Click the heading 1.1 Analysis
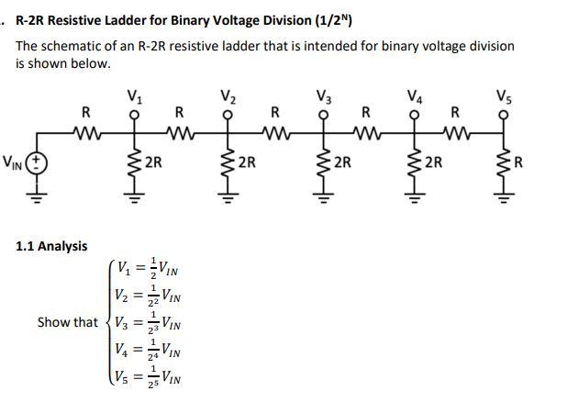[x=52, y=246]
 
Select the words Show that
[x=67, y=322]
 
